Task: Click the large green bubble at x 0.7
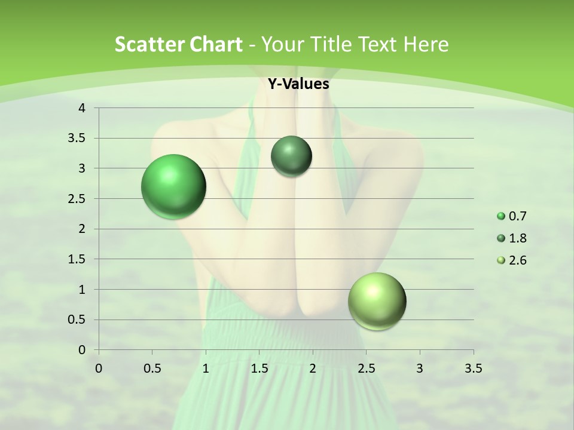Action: pos(174,187)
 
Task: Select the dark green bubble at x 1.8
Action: pos(291,156)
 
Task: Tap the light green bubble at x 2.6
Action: pos(377,302)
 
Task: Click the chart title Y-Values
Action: pos(298,84)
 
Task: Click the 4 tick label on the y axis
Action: pos(82,108)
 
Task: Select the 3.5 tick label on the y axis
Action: pos(77,138)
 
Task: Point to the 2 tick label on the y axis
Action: pos(82,229)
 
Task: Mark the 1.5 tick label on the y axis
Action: pos(77,259)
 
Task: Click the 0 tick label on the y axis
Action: pos(82,350)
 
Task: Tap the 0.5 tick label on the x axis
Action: pos(152,368)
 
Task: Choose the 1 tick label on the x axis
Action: pos(206,368)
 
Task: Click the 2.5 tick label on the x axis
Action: pos(366,368)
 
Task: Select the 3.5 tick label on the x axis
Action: pos(473,368)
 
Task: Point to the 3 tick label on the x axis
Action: pos(420,368)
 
